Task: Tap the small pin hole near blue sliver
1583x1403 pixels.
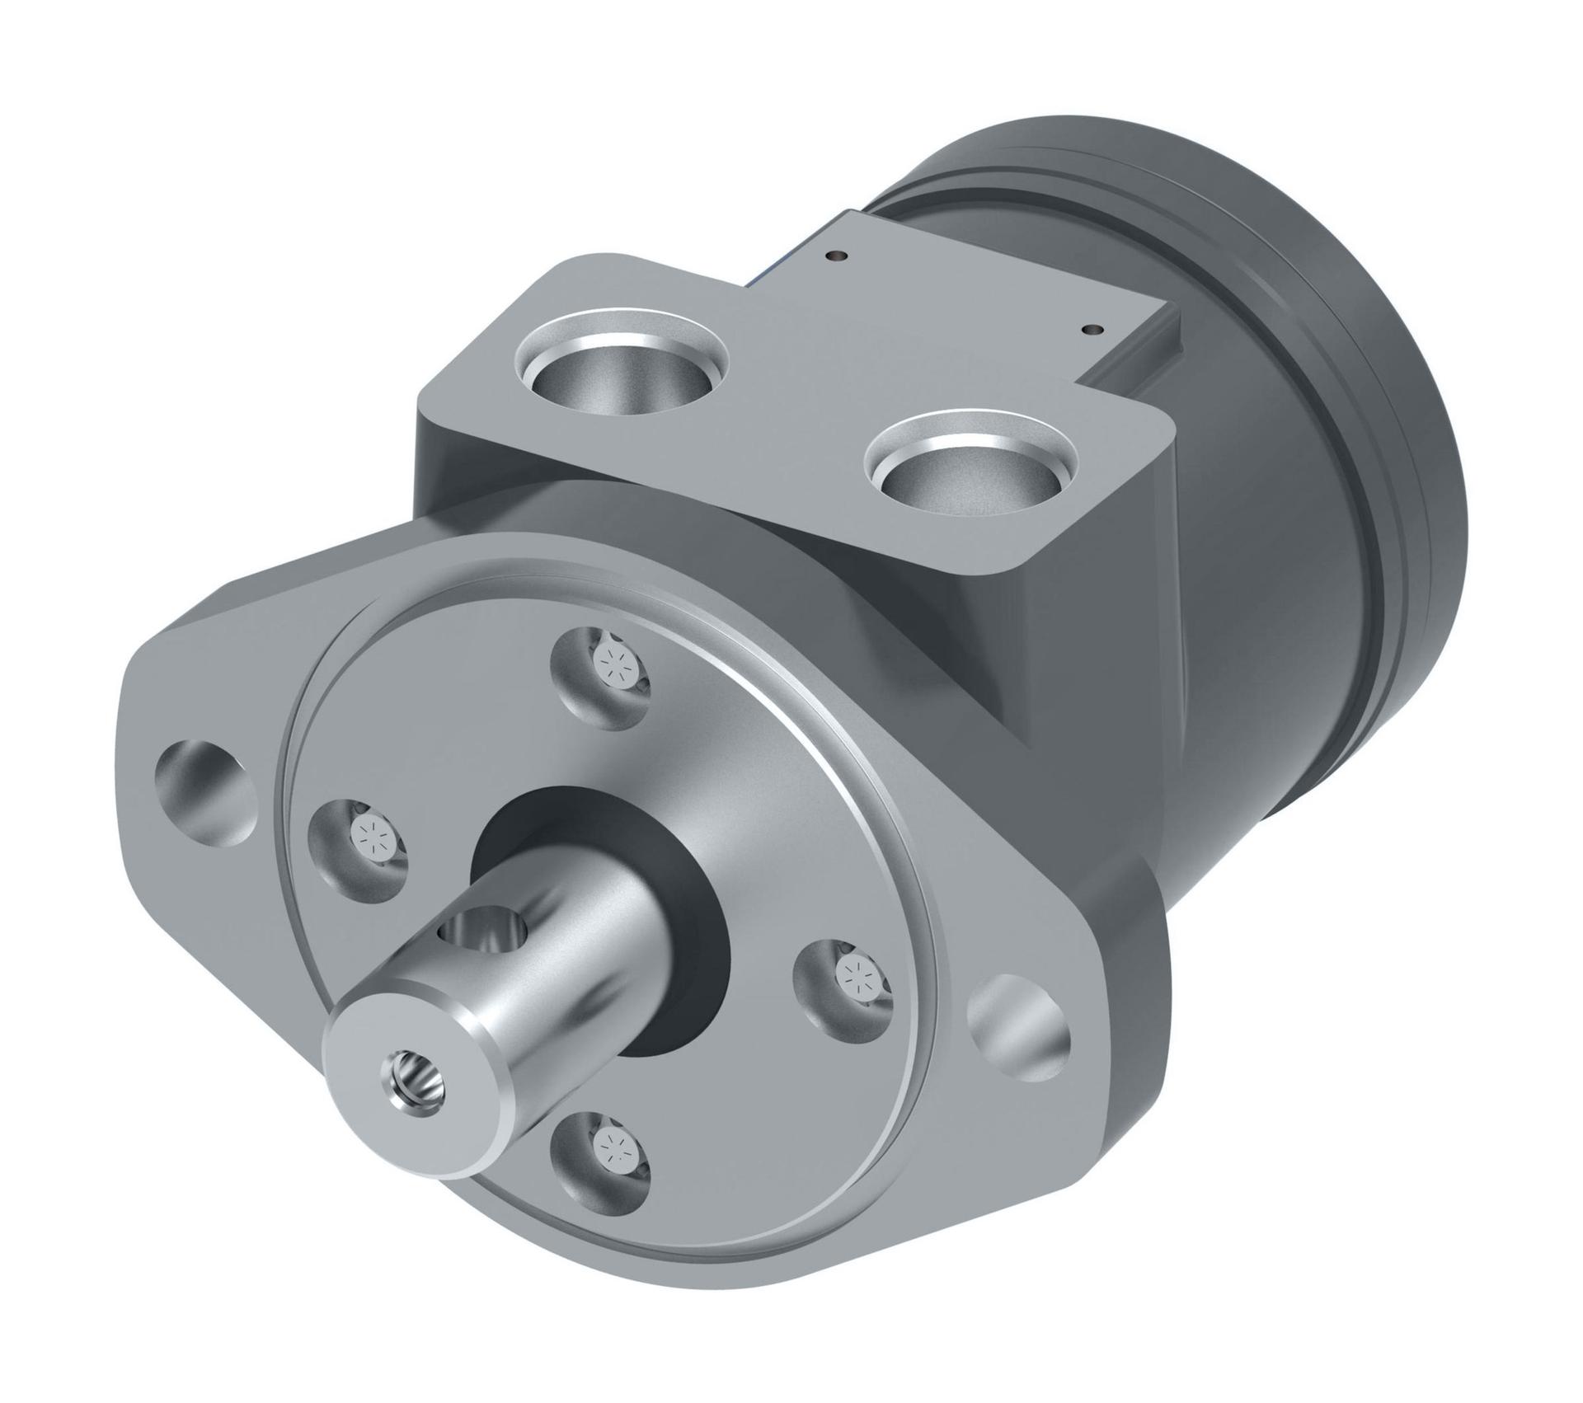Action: tap(838, 255)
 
